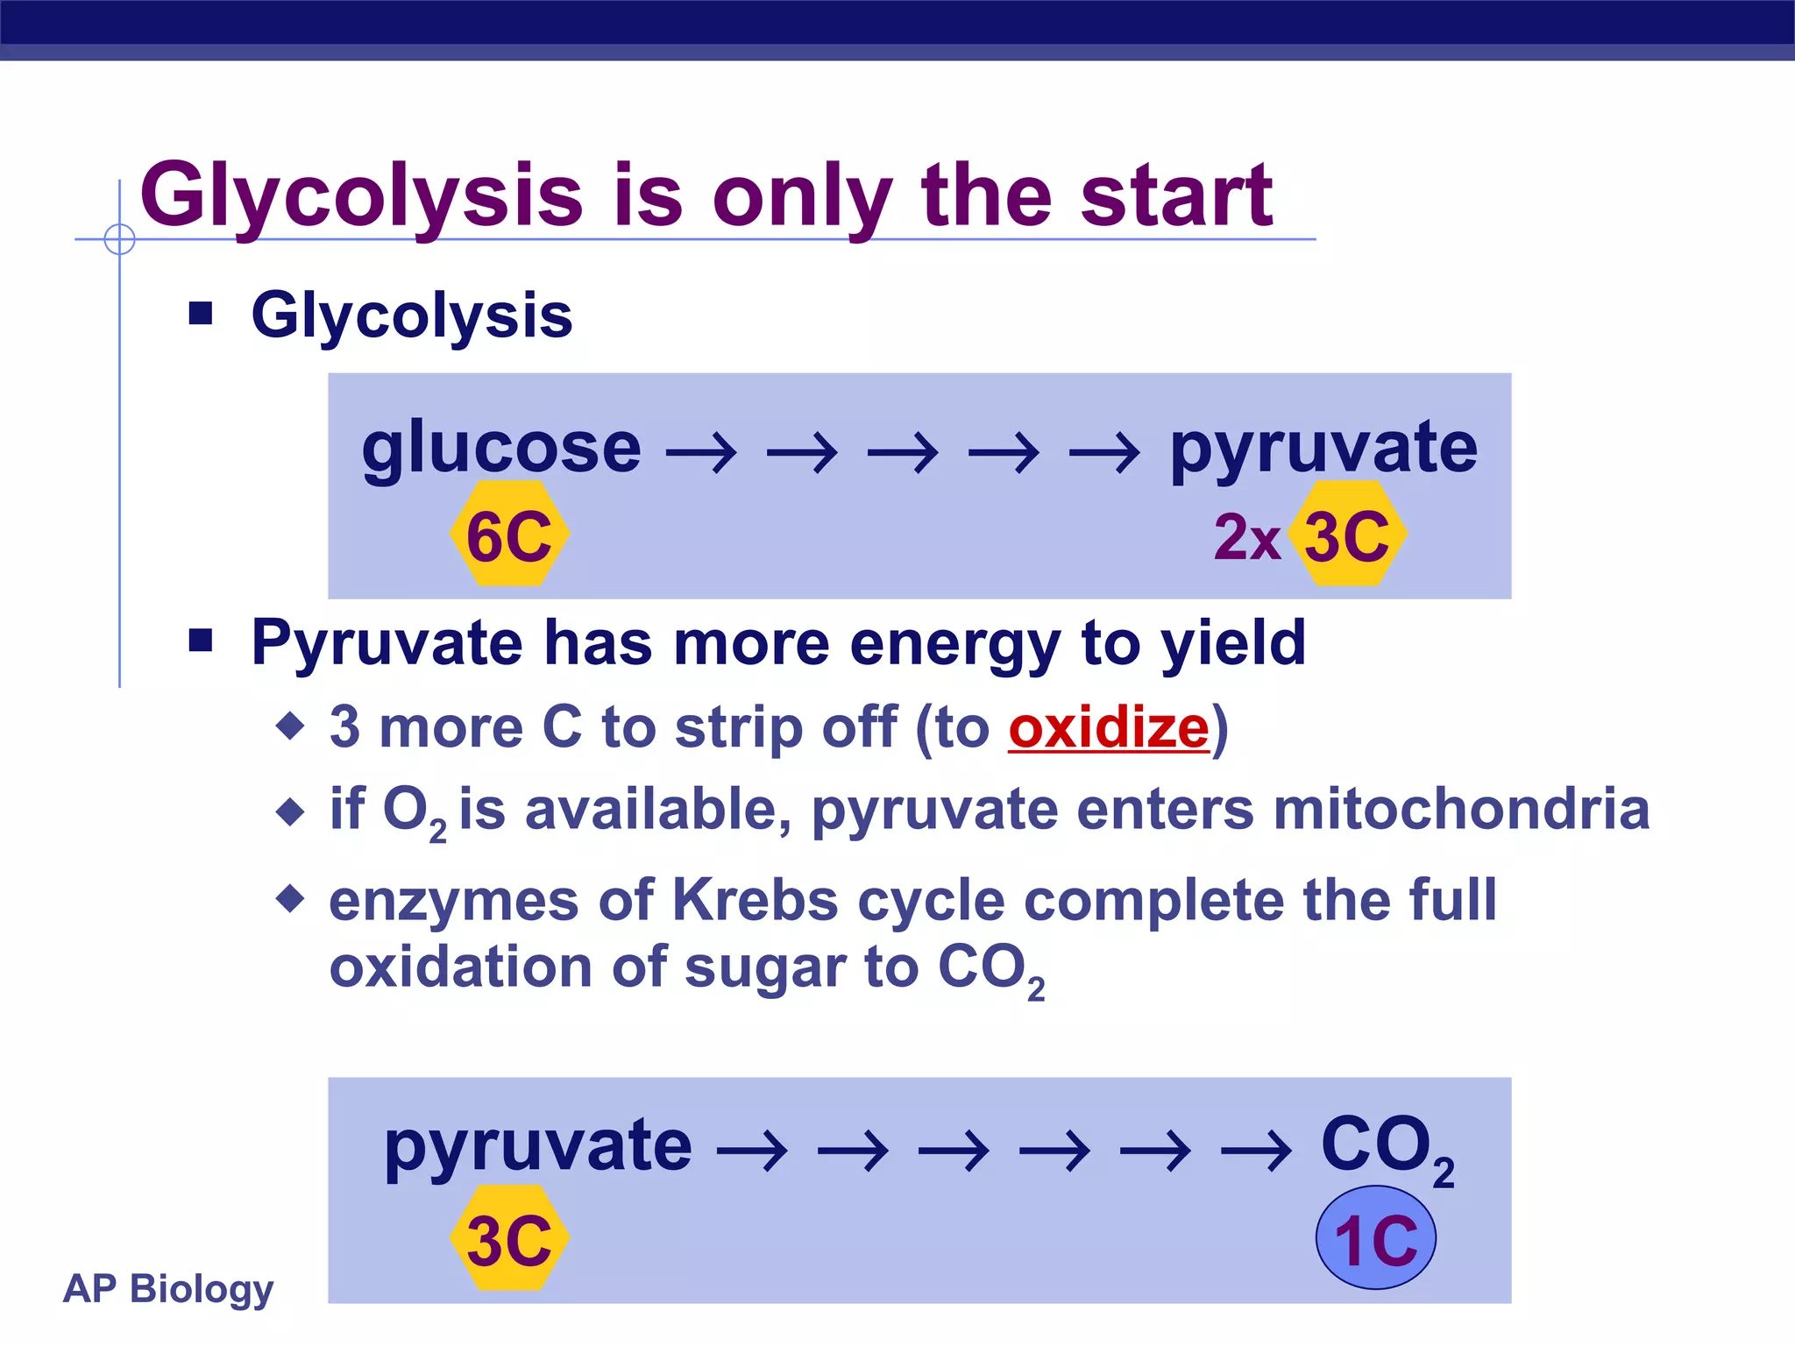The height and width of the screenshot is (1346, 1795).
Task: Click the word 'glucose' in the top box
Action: pyautogui.click(x=501, y=449)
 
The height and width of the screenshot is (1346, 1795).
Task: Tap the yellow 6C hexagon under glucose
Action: pyautogui.click(x=509, y=534)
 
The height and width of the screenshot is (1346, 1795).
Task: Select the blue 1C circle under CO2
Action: pyautogui.click(x=1375, y=1237)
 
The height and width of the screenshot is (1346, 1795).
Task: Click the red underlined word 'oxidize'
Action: pyautogui.click(x=1109, y=728)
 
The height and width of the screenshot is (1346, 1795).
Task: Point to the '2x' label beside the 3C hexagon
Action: pyautogui.click(x=1246, y=536)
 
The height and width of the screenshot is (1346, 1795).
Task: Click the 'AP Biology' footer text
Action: pyautogui.click(x=168, y=1288)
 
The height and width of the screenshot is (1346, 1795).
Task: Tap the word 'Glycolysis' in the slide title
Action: pyautogui.click(x=361, y=196)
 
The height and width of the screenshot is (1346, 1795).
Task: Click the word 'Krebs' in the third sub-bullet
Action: pyautogui.click(x=756, y=900)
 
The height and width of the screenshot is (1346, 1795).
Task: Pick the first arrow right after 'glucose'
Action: pyautogui.click(x=701, y=453)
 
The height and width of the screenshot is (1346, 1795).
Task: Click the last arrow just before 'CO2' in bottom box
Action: pyautogui.click(x=1256, y=1150)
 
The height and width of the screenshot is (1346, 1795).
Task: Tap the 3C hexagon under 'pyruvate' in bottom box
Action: pyautogui.click(x=509, y=1238)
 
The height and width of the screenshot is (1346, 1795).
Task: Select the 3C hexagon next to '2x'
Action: pyautogui.click(x=1347, y=534)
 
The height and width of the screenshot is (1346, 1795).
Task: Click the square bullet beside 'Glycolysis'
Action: pyautogui.click(x=201, y=313)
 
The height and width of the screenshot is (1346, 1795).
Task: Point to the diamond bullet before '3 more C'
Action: pyautogui.click(x=290, y=726)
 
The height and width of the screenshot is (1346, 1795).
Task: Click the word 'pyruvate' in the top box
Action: pyautogui.click(x=1323, y=449)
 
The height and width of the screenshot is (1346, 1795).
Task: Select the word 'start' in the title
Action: pyautogui.click(x=1176, y=196)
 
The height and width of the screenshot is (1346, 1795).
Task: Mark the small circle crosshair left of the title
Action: pyautogui.click(x=119, y=239)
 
